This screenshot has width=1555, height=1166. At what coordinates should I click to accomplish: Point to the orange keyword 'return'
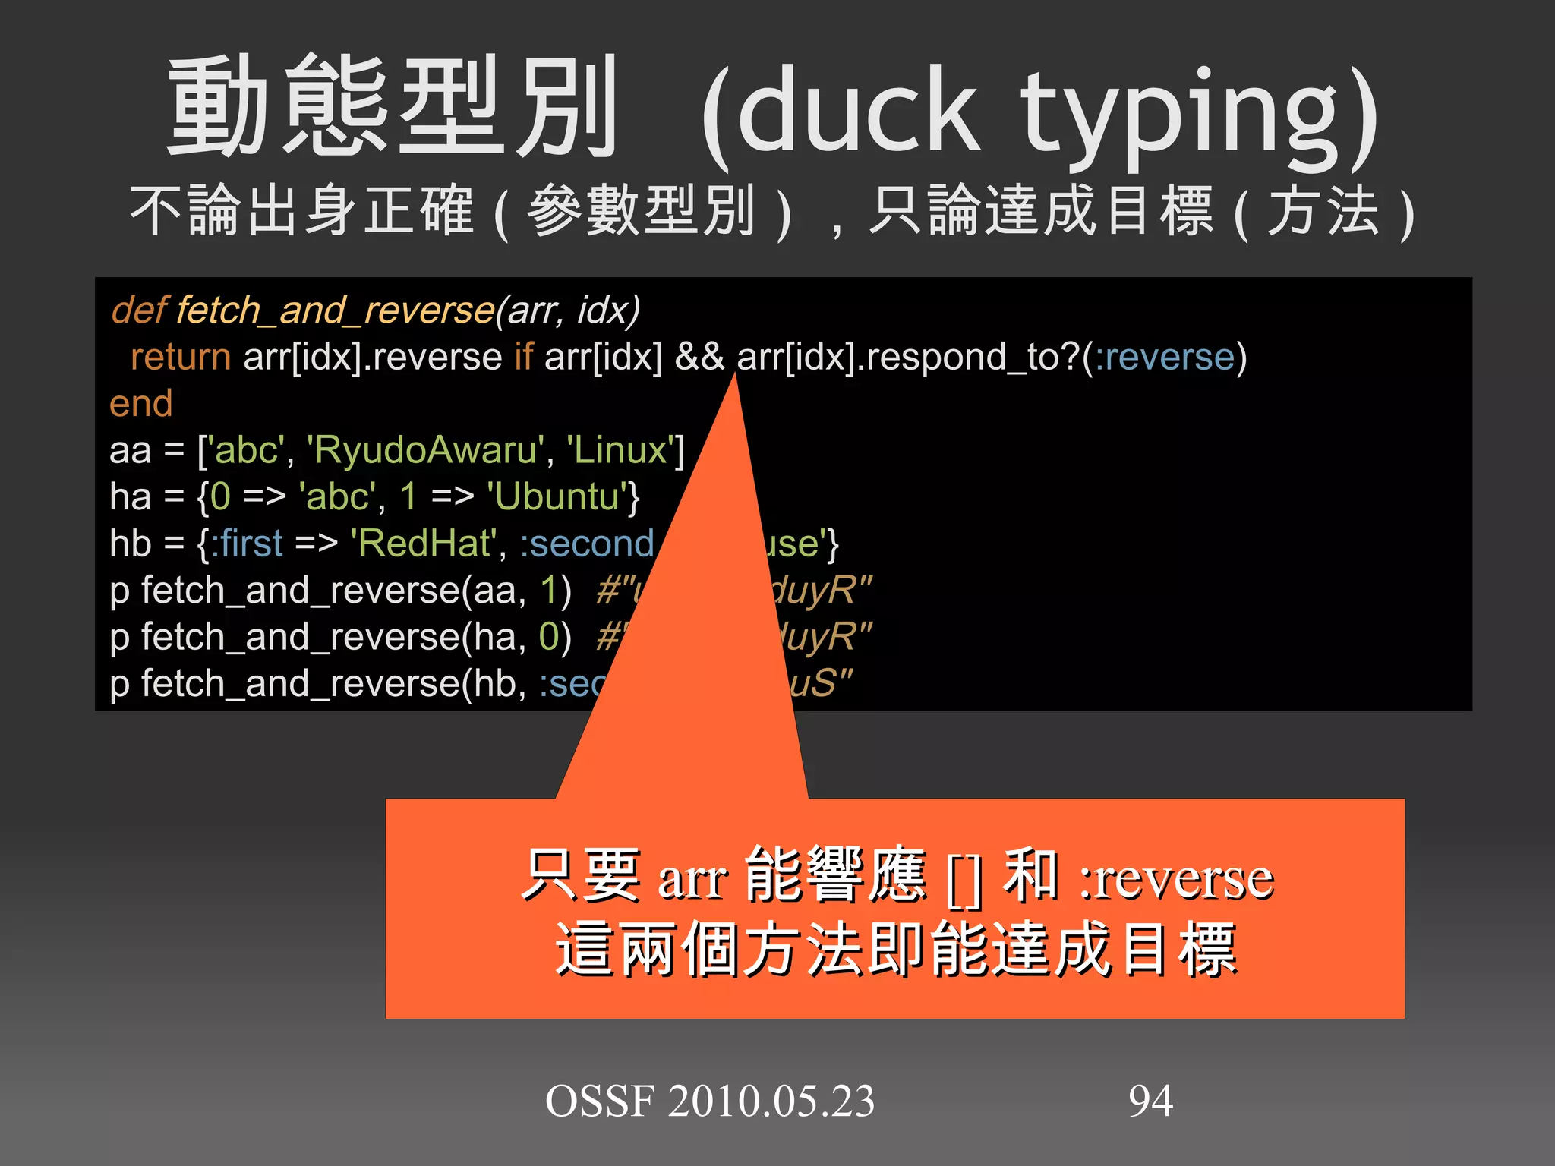pos(181,357)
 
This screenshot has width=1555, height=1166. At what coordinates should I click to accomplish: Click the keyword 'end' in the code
pos(141,403)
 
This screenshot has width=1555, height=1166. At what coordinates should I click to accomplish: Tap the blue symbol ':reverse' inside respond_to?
pos(1165,357)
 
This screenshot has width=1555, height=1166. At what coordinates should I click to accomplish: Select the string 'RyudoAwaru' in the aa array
pos(425,450)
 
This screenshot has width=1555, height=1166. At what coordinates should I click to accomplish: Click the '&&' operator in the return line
pos(699,357)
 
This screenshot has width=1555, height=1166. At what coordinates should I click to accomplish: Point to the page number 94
pos(1150,1101)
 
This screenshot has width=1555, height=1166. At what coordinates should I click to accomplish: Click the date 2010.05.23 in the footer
pos(771,1101)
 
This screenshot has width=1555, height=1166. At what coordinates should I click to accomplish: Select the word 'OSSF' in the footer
pos(600,1101)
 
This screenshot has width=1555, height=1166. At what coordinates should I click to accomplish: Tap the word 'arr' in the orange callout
pos(692,881)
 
